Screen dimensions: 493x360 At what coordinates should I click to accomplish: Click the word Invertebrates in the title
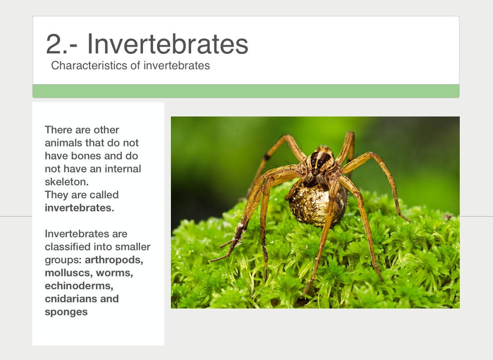(168, 44)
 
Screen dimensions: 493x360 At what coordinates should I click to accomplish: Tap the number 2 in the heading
(53, 44)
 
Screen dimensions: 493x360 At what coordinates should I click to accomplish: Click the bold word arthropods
(114, 260)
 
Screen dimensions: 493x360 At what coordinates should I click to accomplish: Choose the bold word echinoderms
(79, 286)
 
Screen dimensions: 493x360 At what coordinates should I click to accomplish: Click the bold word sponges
(66, 312)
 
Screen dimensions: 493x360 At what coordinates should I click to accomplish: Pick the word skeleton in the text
(66, 182)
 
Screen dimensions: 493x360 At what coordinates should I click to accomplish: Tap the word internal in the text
(123, 169)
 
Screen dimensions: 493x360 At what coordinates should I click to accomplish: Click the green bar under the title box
(246, 91)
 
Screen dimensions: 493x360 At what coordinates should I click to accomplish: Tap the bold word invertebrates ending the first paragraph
(79, 208)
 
